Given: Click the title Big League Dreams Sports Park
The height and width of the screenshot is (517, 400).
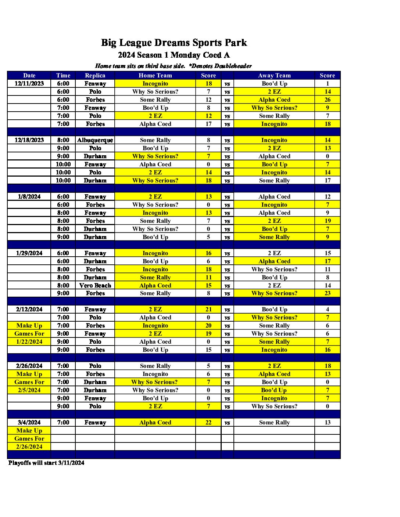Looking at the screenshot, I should pos(174,43).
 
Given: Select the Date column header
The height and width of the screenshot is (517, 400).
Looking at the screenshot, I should pos(29,76).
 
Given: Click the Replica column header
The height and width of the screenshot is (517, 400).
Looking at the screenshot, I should pos(95,76).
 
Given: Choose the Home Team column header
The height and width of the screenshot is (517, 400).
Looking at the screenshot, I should pos(155,76).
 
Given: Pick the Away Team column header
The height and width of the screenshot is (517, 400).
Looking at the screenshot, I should pos(274,76).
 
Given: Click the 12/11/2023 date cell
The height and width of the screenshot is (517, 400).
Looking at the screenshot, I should pos(29,84).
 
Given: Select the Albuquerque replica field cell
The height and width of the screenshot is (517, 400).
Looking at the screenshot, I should pos(95,140).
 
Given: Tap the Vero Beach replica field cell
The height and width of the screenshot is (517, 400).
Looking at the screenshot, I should pos(95,286).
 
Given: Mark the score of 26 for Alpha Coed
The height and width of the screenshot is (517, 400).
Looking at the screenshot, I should pos(327,100).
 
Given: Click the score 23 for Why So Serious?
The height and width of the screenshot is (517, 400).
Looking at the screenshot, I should pos(327,293).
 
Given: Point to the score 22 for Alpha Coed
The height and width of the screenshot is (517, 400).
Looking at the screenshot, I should pos(208,423).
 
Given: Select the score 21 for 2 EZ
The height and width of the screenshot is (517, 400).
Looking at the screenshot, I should pos(208,310).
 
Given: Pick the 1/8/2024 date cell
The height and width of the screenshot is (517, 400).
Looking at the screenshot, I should pos(29,197).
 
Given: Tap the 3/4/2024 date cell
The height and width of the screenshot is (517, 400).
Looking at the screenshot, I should pos(29,423).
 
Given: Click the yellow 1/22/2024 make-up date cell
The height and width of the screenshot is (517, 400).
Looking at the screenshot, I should pos(29,342).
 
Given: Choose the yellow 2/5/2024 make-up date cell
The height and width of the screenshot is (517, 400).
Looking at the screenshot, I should pos(29,390).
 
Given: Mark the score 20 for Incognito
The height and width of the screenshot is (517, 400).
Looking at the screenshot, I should pos(208,326).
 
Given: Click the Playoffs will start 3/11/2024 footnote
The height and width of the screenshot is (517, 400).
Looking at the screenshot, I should pos(46,463).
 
